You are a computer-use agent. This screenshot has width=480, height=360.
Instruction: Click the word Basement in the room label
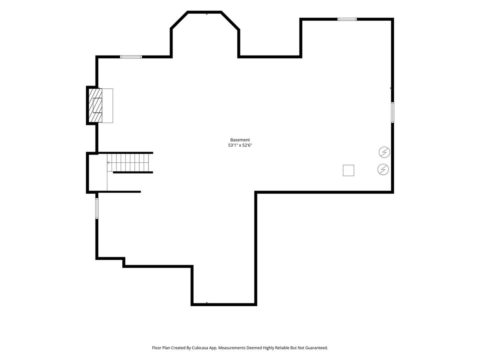[240, 140]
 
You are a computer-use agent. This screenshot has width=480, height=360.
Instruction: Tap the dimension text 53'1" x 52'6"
[240, 145]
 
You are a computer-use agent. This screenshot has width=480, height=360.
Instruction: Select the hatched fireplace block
[95, 105]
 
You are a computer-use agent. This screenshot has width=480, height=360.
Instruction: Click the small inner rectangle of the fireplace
[97, 105]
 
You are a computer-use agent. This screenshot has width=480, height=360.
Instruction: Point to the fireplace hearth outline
[107, 106]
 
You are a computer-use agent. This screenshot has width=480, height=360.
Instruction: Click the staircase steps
[130, 163]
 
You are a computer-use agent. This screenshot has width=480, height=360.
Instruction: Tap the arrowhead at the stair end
[108, 163]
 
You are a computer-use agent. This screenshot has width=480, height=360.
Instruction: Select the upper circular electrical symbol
[384, 152]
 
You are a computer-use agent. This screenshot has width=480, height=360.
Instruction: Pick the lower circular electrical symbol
[383, 169]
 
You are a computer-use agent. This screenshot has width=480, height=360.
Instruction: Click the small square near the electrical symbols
[348, 170]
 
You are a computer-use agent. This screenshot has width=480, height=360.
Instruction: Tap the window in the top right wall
[347, 19]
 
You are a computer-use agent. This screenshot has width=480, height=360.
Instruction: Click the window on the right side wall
[392, 112]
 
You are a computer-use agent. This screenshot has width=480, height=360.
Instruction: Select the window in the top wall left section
[131, 57]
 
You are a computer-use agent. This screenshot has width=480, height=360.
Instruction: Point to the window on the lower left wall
[97, 208]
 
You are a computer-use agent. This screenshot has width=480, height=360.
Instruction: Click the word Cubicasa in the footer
[200, 348]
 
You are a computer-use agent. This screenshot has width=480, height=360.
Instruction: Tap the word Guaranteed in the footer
[316, 348]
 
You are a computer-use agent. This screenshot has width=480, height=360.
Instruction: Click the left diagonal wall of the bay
[179, 20]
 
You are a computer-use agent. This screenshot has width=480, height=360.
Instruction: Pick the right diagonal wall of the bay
[230, 20]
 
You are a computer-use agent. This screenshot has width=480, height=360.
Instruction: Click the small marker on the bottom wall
[207, 303]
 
